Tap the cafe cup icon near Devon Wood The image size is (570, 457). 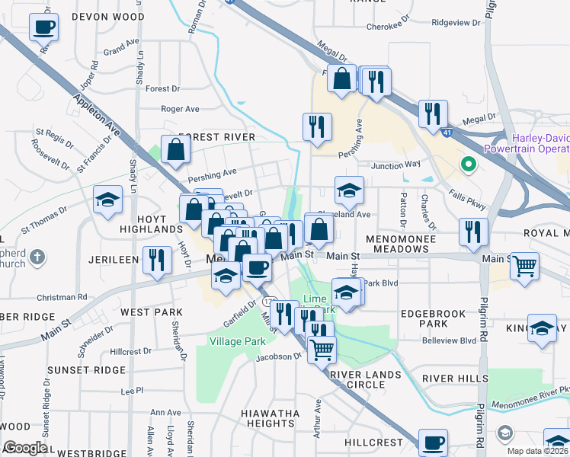[43, 28]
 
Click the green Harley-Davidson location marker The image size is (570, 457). [466, 163]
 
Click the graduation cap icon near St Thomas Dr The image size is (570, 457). [107, 200]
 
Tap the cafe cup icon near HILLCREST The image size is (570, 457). [433, 443]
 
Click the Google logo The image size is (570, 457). [24, 448]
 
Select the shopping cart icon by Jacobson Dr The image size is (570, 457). [322, 350]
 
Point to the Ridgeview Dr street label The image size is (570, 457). [456, 23]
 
